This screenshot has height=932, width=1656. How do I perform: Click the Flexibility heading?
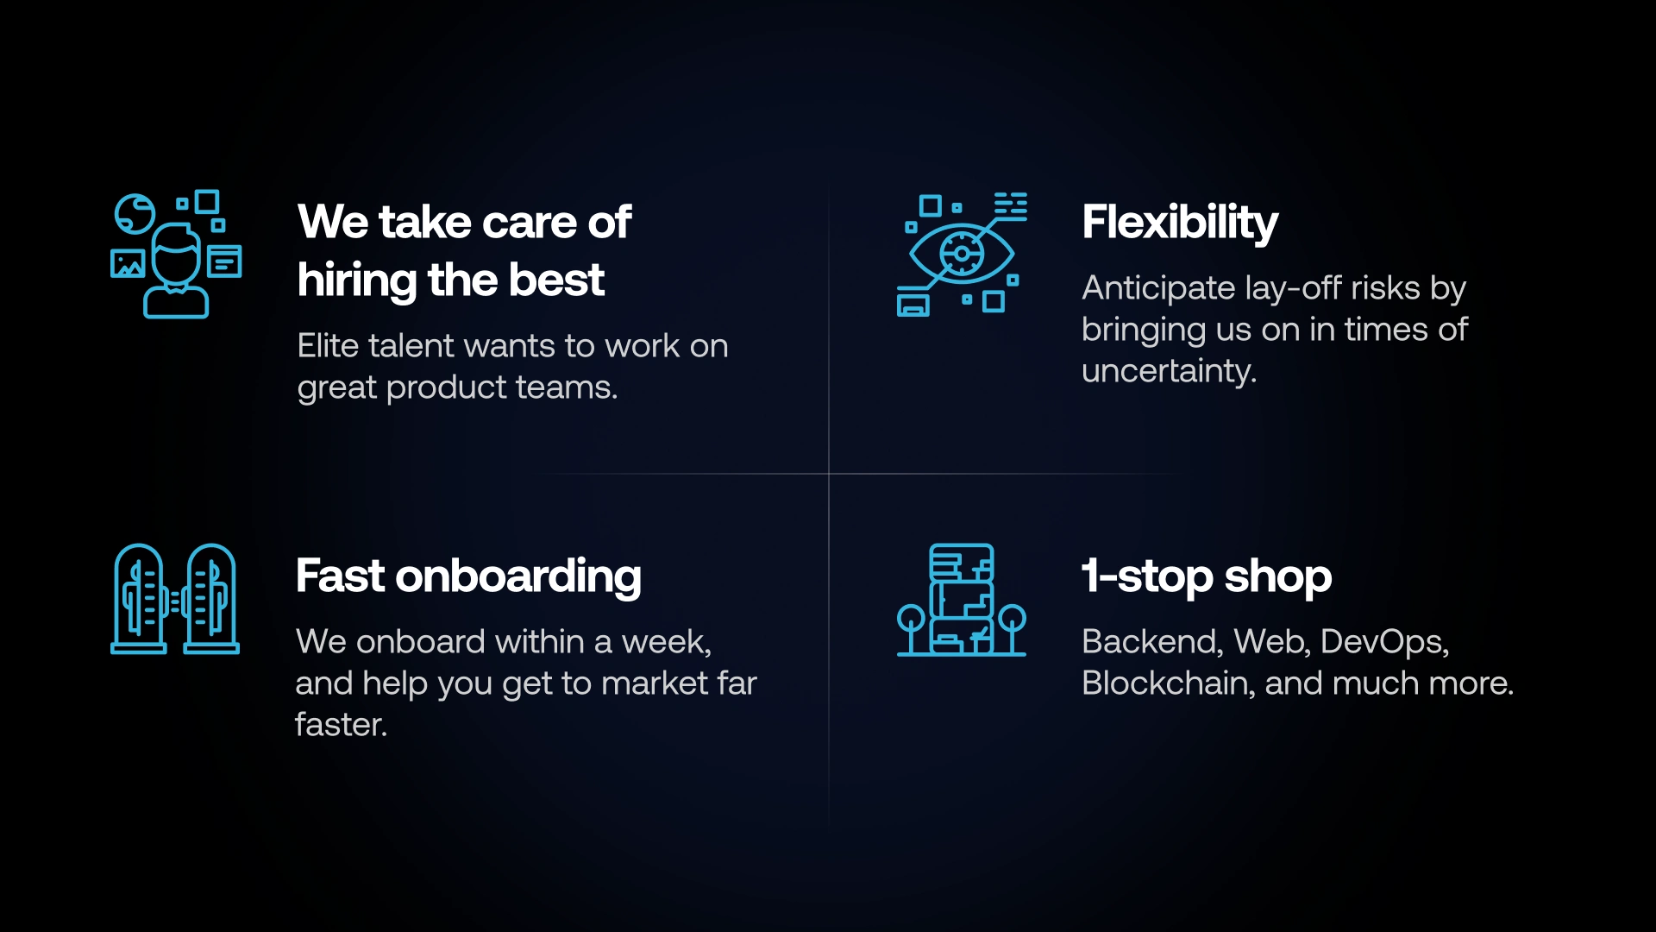(x=1180, y=224)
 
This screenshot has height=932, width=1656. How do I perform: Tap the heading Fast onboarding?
(x=468, y=576)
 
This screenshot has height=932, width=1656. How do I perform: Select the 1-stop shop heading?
(x=1207, y=576)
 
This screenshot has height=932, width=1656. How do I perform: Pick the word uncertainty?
(x=1170, y=372)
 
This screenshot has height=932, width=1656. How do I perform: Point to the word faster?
(x=341, y=725)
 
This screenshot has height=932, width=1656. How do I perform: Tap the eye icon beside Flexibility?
(x=962, y=254)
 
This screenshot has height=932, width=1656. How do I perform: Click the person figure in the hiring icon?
(x=176, y=271)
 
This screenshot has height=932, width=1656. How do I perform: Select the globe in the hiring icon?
(x=135, y=213)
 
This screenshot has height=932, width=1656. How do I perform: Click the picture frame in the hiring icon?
(x=128, y=263)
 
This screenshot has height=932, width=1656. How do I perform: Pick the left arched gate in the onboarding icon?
(x=139, y=599)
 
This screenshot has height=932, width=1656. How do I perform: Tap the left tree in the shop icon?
(x=911, y=628)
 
